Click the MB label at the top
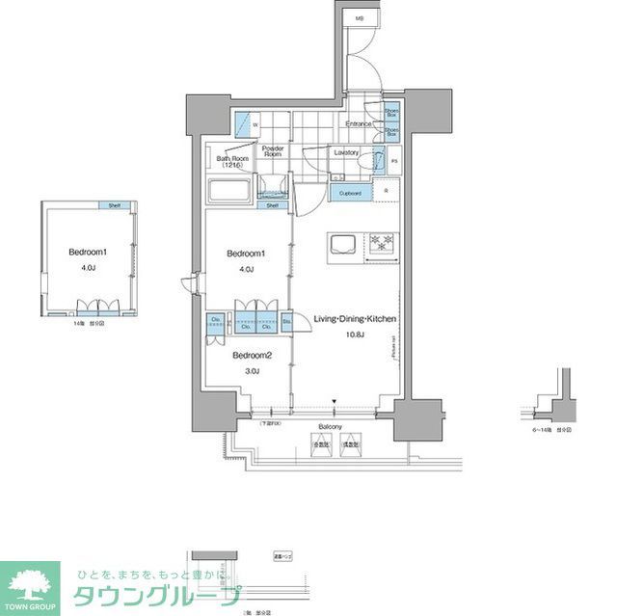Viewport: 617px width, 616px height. [360, 19]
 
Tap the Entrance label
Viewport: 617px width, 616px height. [360, 124]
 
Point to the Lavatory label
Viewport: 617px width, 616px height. [346, 152]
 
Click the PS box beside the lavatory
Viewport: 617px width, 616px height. [394, 160]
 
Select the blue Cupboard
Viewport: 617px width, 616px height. [350, 193]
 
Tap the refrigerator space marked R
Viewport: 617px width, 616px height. [386, 192]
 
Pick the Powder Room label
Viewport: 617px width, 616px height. [272, 151]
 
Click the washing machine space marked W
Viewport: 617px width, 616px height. [255, 126]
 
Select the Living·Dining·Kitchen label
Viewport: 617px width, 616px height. [355, 319]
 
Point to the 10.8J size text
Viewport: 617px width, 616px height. [355, 335]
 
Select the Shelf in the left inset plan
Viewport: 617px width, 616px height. [114, 205]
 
